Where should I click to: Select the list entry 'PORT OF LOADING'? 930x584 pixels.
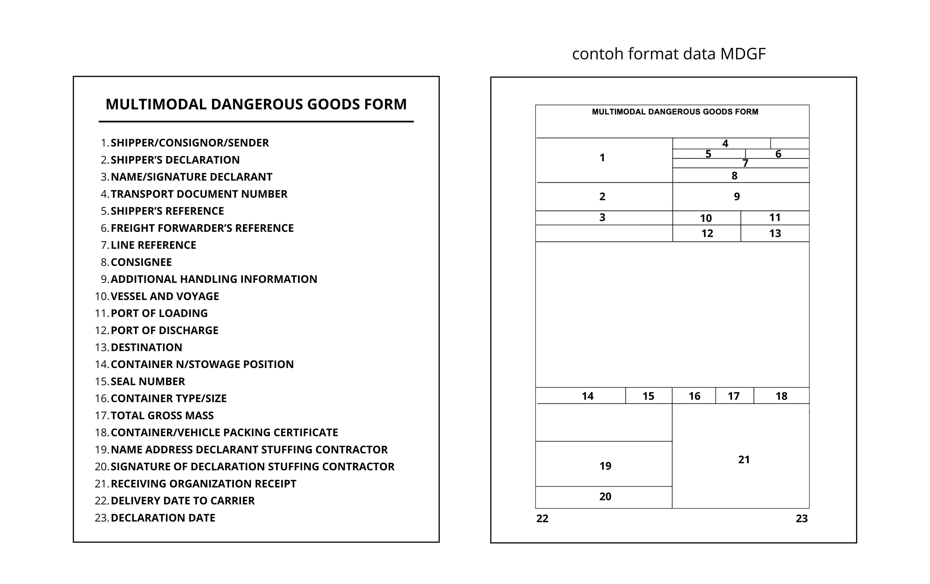pyautogui.click(x=159, y=313)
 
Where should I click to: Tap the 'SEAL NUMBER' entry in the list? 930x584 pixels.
pyautogui.click(x=148, y=382)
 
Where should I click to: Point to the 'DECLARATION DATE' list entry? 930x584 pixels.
pyautogui.click(x=163, y=518)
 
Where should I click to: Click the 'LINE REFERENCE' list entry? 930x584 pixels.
pyautogui.click(x=153, y=245)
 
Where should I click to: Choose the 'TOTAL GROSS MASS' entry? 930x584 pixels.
pyautogui.click(x=162, y=416)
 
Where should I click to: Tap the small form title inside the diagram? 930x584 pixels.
pyautogui.click(x=675, y=112)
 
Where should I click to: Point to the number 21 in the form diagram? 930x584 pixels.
pyautogui.click(x=744, y=460)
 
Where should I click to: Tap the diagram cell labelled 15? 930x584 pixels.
pyautogui.click(x=648, y=396)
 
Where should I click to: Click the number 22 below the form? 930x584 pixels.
pyautogui.click(x=542, y=519)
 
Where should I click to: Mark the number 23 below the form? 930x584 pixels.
pyautogui.click(x=801, y=519)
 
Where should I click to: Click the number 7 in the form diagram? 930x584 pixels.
pyautogui.click(x=745, y=163)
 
